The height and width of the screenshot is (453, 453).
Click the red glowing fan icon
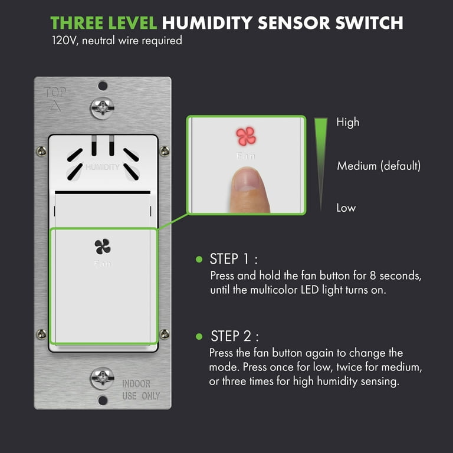pos(246,136)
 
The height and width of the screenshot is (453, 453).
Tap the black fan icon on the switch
pos(103,247)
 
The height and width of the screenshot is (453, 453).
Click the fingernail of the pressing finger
pos(247,180)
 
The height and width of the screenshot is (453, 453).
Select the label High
pos(348,123)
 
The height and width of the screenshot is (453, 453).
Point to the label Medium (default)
pos(379,166)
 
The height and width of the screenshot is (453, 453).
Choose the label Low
pos(346,208)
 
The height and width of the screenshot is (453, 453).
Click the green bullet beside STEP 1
pos(199,259)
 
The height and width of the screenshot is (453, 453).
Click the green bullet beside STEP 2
pos(199,336)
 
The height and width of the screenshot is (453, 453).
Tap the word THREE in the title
pos(77,23)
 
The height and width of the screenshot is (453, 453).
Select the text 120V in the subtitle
pos(65,41)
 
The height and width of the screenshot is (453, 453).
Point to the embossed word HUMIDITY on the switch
pos(103,167)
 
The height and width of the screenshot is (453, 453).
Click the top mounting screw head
pos(102,109)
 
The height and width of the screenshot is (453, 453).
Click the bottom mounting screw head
pos(102,378)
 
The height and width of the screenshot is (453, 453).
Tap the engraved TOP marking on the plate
pos(55,93)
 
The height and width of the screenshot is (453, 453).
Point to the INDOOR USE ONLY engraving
pos(141,390)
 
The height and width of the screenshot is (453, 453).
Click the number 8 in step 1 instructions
pos(373,275)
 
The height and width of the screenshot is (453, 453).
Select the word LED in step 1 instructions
pos(310,290)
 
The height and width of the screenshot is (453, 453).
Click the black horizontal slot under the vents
pos(103,192)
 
